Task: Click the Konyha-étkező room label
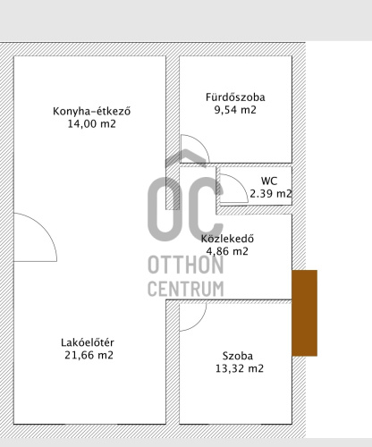click(92, 111)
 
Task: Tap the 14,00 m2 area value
click(92, 123)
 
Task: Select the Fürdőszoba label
click(235, 97)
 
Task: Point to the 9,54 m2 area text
click(235, 110)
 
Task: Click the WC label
click(269, 181)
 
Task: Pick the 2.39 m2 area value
click(271, 194)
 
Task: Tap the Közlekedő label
click(227, 239)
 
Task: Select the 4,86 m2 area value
click(227, 251)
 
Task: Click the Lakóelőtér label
click(88, 342)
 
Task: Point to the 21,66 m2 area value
click(89, 355)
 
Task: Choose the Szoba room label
click(238, 356)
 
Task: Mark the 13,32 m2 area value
click(240, 368)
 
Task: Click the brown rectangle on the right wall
click(304, 313)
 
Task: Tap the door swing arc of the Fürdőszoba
click(201, 142)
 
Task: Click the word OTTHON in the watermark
click(186, 265)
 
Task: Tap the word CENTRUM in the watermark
click(186, 288)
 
